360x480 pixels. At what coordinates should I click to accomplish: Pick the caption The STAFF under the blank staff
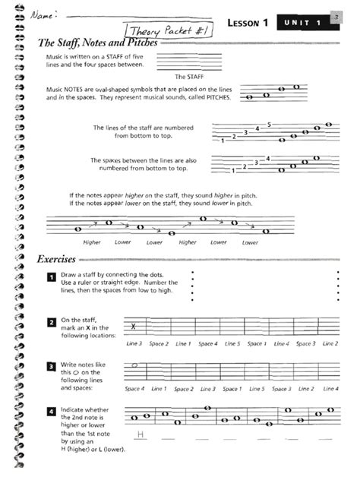tap(186, 77)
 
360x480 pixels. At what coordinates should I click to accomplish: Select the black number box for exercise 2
tap(51, 323)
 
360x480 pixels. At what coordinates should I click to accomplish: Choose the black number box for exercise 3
tap(51, 368)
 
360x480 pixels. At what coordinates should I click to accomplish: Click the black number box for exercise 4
tap(51, 412)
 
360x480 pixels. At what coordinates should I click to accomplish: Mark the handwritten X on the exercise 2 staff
tap(134, 327)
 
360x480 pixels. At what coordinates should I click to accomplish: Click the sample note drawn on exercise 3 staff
tap(134, 366)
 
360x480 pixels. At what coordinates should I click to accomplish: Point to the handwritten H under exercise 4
tap(140, 434)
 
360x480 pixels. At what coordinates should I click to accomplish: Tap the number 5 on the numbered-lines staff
tap(270, 123)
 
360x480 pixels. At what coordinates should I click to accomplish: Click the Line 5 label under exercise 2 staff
tap(232, 344)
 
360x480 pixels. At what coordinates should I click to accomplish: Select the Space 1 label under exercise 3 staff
tap(232, 389)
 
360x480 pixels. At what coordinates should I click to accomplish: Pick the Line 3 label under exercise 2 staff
tap(134, 344)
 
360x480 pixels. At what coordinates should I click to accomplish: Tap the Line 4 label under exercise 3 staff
tap(330, 389)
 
